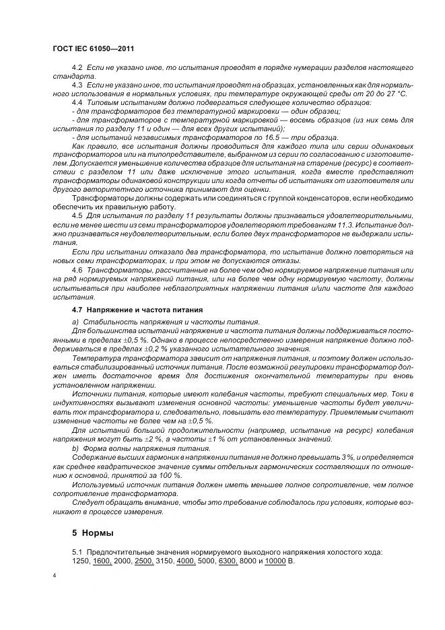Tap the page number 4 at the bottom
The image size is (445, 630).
coord(54,576)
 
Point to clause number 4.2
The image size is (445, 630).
coord(77,70)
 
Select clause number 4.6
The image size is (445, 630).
coord(77,268)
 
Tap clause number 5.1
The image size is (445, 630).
coord(77,552)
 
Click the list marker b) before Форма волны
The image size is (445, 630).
coord(75,448)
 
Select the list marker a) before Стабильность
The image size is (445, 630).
coord(75,323)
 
